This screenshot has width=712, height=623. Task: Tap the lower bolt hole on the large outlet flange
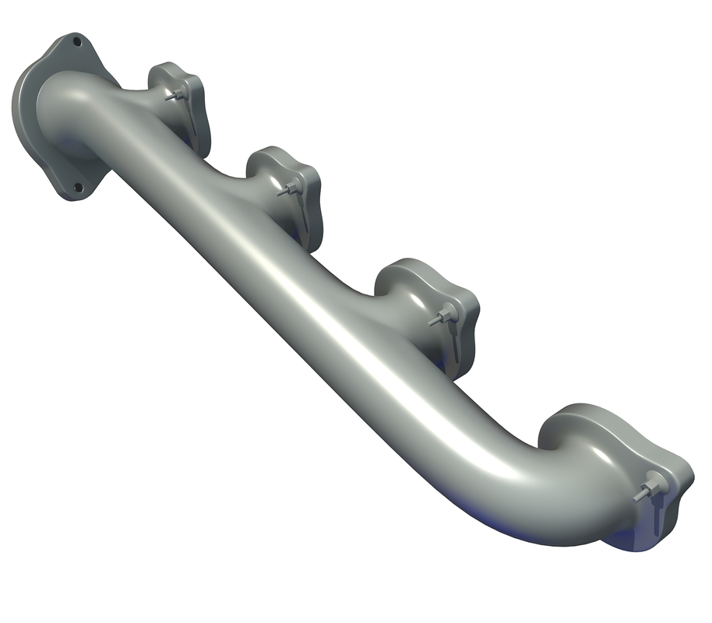[x=77, y=188]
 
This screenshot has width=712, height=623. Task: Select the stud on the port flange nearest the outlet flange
[x=177, y=96]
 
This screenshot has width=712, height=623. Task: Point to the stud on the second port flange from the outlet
[x=288, y=189]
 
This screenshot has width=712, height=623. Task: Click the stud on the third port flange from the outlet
[x=442, y=315]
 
